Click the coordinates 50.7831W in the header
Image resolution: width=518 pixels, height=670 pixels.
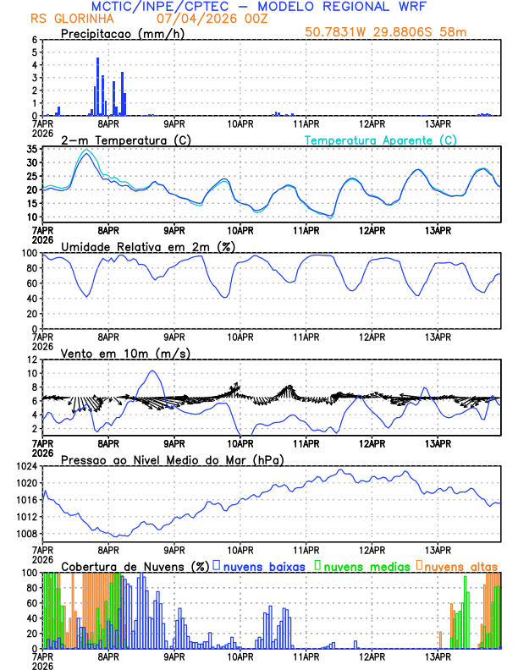point(340,33)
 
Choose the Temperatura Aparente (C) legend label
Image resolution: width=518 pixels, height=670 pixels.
point(381,140)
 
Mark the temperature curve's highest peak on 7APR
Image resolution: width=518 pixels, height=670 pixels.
point(85,154)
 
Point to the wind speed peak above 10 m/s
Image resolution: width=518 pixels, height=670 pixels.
point(152,371)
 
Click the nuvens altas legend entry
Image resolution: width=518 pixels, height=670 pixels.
point(457,565)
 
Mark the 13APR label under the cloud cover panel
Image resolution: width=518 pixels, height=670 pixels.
point(438,656)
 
